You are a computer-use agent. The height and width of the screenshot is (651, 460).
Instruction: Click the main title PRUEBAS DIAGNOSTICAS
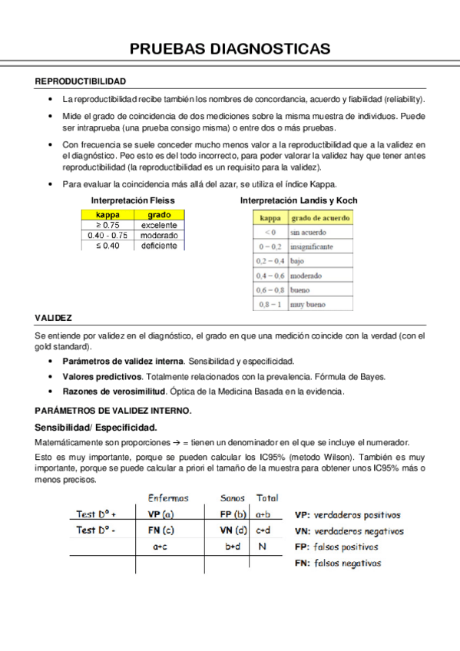point(230,49)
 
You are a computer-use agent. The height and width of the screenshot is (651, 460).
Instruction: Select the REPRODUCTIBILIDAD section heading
point(81,81)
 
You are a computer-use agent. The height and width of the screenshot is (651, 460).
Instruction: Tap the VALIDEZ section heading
point(54,317)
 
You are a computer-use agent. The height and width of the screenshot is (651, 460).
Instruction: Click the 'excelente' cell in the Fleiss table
point(159,226)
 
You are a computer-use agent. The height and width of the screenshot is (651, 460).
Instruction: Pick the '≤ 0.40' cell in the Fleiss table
point(108,246)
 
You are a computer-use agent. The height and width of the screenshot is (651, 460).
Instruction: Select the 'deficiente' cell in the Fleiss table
point(159,246)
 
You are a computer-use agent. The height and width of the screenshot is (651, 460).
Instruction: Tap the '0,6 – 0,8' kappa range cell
point(270,289)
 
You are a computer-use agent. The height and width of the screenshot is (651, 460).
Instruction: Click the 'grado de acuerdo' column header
point(319,218)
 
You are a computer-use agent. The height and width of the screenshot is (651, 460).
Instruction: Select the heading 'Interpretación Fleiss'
point(133,200)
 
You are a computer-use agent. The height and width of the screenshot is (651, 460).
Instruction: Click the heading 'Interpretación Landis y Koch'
point(299,200)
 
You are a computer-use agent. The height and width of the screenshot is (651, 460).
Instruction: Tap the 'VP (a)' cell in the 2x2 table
point(161,514)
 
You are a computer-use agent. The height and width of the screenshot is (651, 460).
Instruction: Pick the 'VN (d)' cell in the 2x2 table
point(233,530)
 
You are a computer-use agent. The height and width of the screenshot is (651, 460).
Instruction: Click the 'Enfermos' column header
point(168,498)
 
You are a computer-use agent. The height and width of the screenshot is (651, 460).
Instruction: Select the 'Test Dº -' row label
point(96,530)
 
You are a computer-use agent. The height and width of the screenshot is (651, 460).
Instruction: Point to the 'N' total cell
point(263,547)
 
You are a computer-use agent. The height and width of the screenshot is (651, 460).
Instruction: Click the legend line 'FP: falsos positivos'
point(336,547)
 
